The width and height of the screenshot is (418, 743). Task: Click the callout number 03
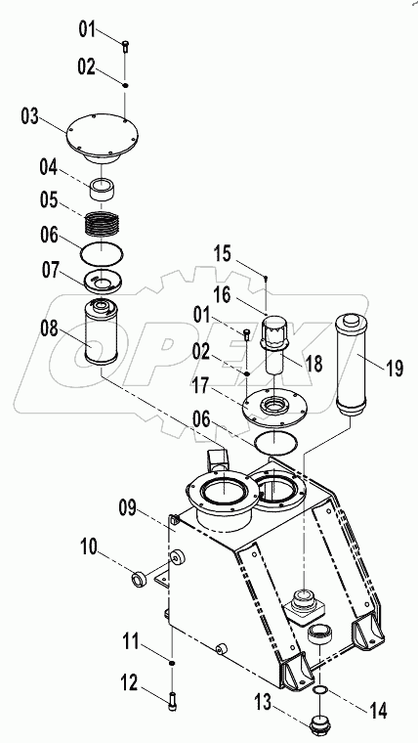[x=30, y=117]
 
